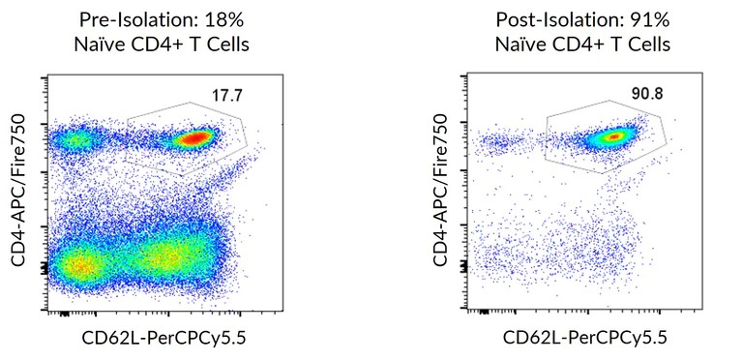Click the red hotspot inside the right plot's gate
tap(612, 136)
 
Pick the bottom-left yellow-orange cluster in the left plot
tap(80, 262)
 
